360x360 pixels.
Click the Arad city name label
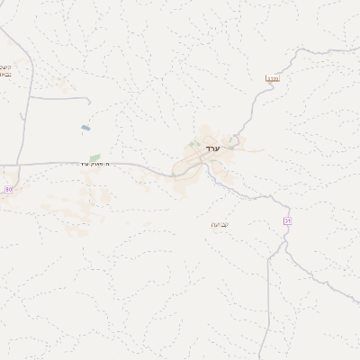coord(212,147)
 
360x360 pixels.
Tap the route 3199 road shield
coord(271,79)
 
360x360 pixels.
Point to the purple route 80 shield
coord(8,189)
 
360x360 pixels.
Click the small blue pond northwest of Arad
coord(85,128)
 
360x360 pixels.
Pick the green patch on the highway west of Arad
coord(94,158)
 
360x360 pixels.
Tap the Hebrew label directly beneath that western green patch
coord(94,165)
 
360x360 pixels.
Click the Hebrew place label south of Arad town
coord(220,224)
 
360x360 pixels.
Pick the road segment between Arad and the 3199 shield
coord(255,112)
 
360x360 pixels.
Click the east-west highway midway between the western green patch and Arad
coord(135,166)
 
